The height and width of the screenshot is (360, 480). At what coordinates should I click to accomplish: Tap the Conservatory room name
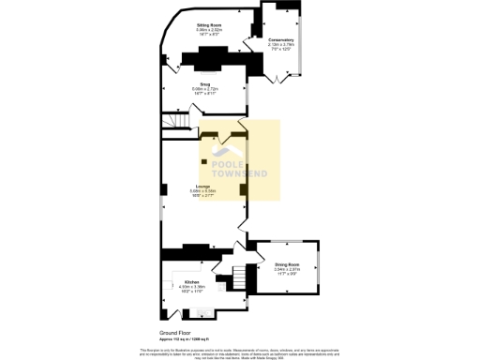pyautogui.click(x=281, y=40)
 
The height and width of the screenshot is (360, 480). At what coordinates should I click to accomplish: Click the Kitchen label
pyautogui.click(x=191, y=281)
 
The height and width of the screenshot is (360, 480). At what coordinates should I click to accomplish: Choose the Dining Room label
pyautogui.click(x=287, y=265)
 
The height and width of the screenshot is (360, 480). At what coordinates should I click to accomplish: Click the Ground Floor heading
pyautogui.click(x=175, y=333)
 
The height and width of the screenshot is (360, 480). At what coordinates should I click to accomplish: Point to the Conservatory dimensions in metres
pyautogui.click(x=281, y=45)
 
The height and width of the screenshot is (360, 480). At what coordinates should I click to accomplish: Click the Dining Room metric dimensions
pyautogui.click(x=287, y=270)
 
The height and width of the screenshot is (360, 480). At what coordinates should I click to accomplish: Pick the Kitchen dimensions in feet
pyautogui.click(x=191, y=292)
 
